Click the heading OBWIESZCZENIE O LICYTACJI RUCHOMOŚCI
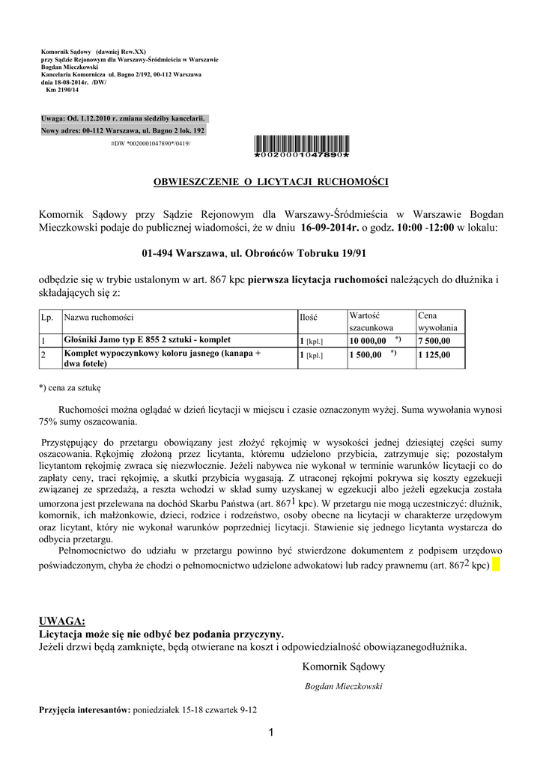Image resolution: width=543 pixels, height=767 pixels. [271, 182]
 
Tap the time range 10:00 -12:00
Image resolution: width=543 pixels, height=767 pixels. [425, 226]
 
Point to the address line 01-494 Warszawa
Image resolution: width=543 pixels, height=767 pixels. [270, 255]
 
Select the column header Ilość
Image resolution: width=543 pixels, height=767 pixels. [309, 318]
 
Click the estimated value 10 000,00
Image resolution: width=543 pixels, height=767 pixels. [368, 341]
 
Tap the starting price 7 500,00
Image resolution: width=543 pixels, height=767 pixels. [434, 341]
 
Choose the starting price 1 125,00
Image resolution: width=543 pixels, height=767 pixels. [434, 355]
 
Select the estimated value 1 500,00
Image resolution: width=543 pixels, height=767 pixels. [365, 355]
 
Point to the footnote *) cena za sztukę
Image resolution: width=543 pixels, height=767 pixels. [70, 388]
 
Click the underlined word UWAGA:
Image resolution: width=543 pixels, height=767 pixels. [62, 621]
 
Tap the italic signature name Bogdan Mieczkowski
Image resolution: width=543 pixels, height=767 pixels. [343, 686]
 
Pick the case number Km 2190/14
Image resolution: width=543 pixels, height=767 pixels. [62, 90]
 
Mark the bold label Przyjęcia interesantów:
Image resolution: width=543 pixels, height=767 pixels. [85, 709]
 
